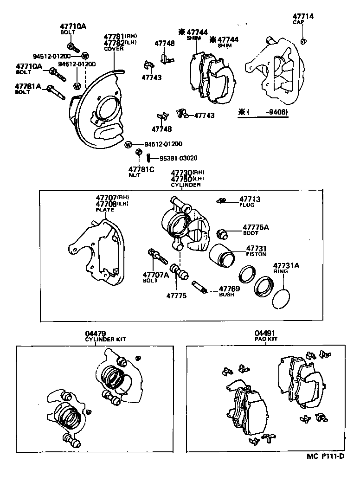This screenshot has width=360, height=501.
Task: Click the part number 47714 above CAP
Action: [x=303, y=16]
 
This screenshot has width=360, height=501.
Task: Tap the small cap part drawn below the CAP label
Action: [x=303, y=42]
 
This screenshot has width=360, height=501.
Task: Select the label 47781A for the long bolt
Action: [x=28, y=86]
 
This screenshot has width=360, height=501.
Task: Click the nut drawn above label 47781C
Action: [x=138, y=152]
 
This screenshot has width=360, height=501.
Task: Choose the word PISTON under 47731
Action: [x=256, y=254]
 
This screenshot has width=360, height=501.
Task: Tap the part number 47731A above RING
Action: [x=286, y=266]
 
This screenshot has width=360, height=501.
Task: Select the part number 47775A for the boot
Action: [x=256, y=227]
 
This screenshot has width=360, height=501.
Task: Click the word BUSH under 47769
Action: [x=226, y=294]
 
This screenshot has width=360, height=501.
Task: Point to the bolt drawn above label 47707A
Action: [x=156, y=255]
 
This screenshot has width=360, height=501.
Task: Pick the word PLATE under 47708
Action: [x=104, y=210]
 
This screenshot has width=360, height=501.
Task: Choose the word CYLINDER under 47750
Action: [x=186, y=185]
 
